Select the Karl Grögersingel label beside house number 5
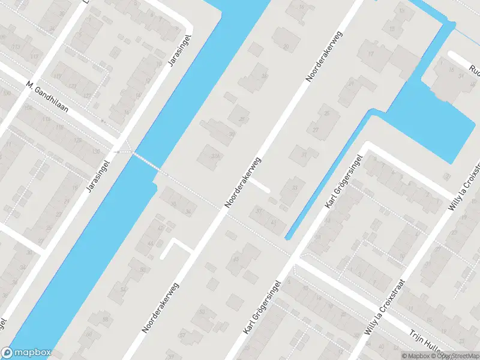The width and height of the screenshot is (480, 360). point(262,307)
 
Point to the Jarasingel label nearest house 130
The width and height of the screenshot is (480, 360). point(100,175)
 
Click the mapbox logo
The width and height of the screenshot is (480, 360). point(26,353)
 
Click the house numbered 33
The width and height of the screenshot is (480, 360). point(294,188)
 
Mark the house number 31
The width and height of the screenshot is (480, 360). point(304,154)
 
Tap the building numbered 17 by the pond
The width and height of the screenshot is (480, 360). point(371,55)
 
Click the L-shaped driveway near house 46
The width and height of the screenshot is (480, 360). point(174,246)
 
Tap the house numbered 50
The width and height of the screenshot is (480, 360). point(142,270)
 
